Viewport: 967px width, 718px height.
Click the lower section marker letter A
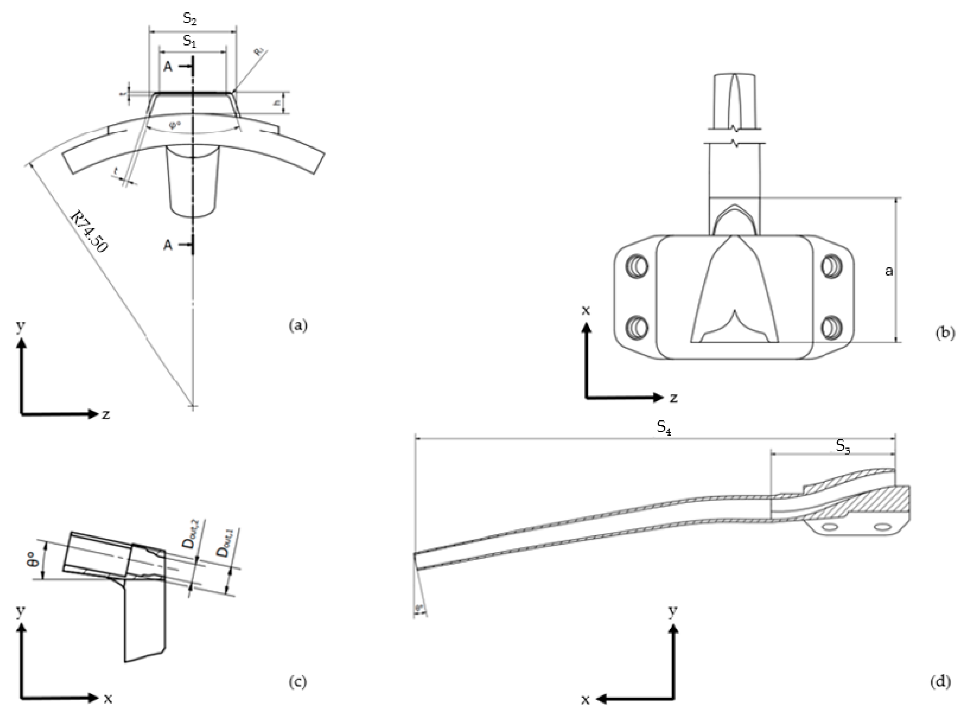coord(168,246)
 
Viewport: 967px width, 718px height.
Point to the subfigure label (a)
coord(298,325)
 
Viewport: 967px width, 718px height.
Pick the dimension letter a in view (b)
coord(889,271)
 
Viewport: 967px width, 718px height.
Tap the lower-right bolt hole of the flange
coord(832,326)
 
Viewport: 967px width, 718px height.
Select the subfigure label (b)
coord(945,333)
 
